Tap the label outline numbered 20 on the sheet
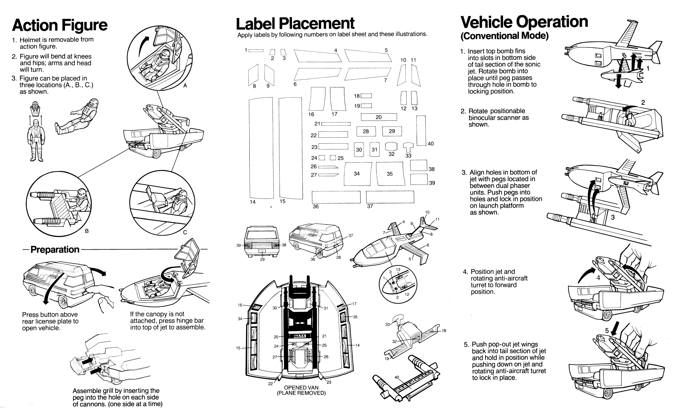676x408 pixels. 379,117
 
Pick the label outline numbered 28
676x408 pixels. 366,131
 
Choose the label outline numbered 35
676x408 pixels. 390,174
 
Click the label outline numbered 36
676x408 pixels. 336,197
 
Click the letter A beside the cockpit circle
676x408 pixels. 185,86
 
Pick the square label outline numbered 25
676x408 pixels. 333,158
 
